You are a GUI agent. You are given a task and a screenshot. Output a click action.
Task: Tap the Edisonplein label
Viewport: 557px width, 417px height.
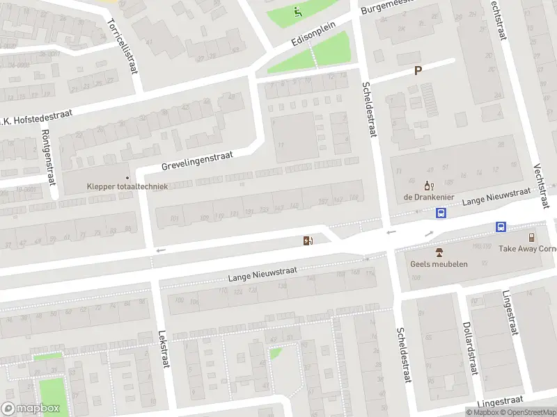tap(313, 33)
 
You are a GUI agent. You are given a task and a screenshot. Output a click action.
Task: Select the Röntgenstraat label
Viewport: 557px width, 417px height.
tap(48, 156)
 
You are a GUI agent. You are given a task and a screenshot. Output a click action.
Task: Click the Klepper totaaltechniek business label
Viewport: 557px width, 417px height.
tap(127, 186)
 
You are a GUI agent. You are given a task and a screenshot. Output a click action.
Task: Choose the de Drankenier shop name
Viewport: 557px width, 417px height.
tap(428, 197)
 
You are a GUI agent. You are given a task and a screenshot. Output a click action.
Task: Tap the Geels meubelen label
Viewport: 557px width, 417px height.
tap(439, 263)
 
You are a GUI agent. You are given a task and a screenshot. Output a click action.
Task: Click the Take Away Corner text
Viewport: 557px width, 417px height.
tap(527, 248)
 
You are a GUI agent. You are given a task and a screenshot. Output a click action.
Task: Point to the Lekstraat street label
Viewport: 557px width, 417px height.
tap(164, 349)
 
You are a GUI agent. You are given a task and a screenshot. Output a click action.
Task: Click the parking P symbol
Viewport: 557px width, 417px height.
tap(418, 70)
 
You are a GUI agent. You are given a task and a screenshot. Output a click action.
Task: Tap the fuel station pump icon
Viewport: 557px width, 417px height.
tap(307, 240)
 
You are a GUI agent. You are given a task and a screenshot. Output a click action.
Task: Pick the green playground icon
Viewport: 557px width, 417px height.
tap(298, 11)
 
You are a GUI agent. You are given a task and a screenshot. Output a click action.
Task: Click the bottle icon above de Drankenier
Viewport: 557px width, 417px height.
tap(428, 186)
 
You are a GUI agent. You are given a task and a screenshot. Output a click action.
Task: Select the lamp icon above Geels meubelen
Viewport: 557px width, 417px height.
tap(439, 252)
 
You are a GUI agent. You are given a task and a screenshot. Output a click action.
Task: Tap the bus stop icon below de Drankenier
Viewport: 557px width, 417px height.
tap(440, 213)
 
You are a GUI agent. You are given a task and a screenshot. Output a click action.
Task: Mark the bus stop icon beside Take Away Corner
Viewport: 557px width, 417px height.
tap(501, 227)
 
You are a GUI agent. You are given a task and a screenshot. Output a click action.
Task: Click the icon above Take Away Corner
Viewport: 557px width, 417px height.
tap(531, 237)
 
